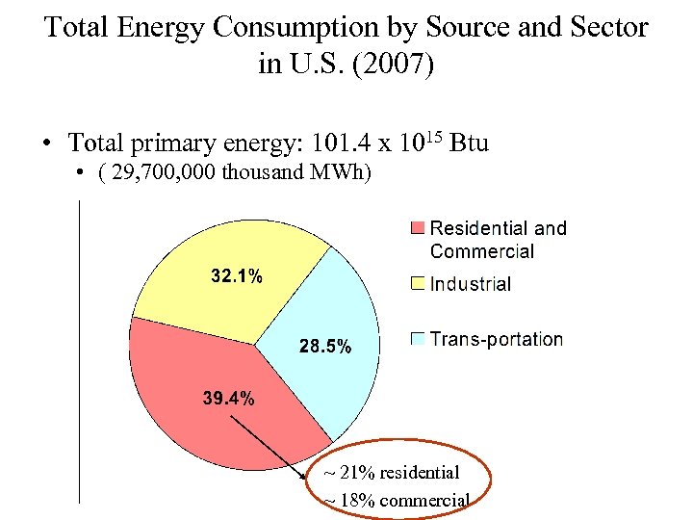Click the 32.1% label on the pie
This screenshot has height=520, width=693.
237,276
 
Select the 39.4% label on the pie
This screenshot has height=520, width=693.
229,398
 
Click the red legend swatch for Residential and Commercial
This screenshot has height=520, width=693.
418,228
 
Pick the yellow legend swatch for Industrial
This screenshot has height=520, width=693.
418,283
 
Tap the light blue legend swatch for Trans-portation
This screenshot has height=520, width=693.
418,339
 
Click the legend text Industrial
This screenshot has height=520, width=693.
471,283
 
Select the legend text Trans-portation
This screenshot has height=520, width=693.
497,339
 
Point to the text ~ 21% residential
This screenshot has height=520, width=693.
391,473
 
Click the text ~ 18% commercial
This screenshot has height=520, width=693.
396,501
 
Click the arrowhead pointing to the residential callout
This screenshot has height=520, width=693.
306,472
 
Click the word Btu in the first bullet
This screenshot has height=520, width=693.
469,143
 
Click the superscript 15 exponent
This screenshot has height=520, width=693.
435,136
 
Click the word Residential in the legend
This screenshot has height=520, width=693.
478,228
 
